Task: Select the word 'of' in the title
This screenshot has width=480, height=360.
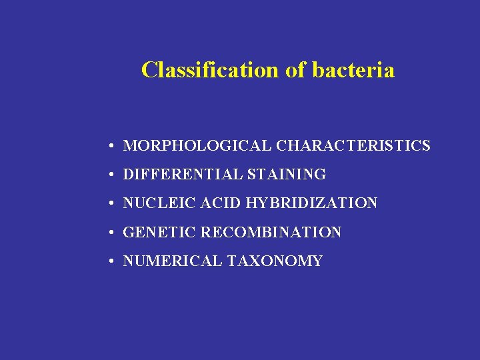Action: (295, 70)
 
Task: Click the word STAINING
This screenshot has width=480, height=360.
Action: (286, 175)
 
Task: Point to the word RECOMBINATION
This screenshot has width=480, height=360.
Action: (271, 233)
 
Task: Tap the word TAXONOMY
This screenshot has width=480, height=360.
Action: (275, 261)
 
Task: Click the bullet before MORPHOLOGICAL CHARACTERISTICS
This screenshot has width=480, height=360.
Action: (115, 146)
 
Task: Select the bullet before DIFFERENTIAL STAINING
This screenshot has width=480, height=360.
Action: (115, 175)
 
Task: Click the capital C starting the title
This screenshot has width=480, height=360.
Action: (149, 70)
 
